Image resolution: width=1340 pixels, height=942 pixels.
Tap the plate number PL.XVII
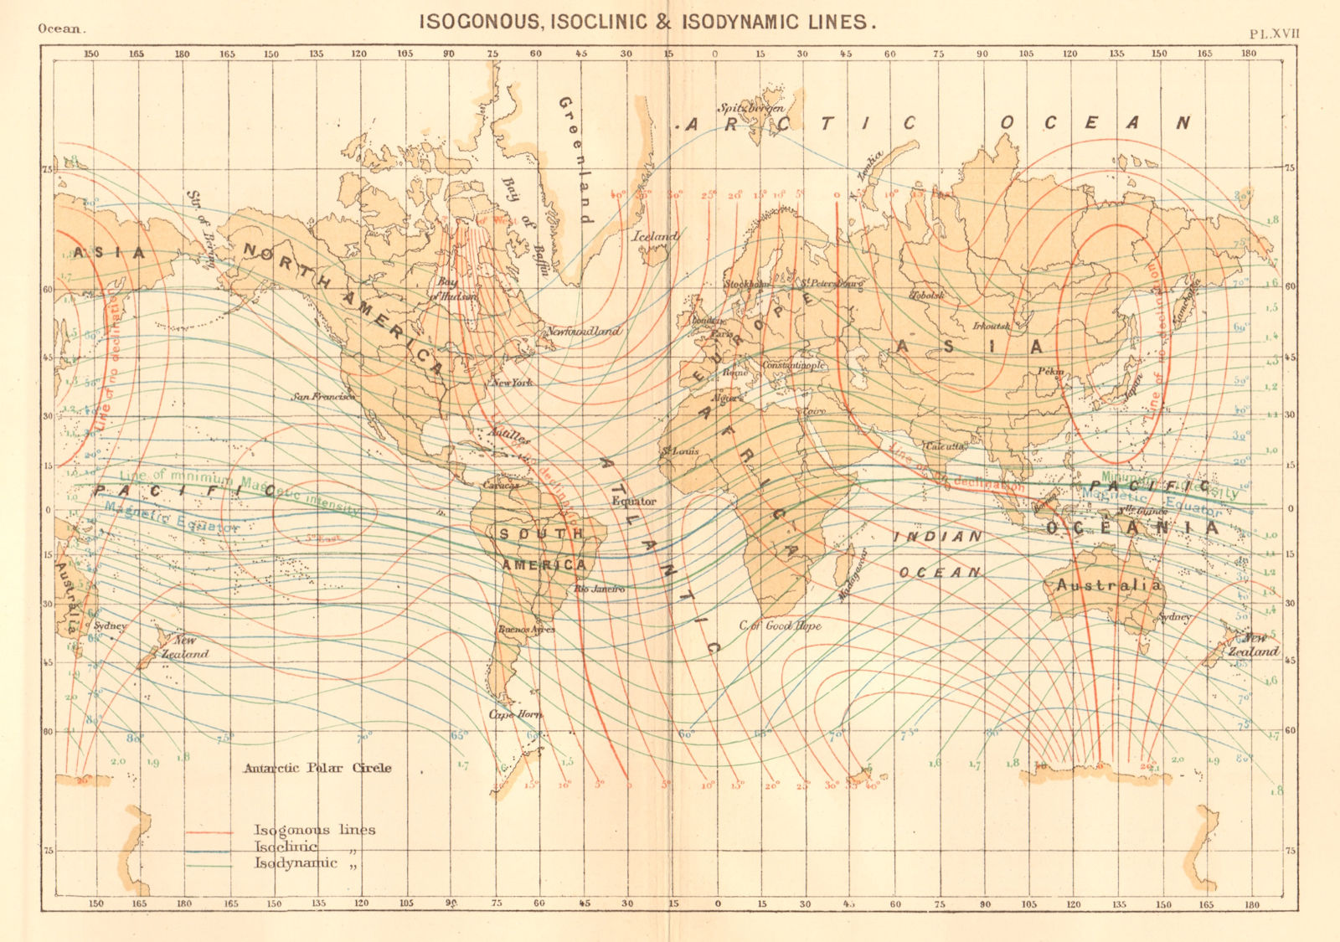[1274, 34]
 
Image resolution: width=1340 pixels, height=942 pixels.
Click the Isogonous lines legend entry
[314, 830]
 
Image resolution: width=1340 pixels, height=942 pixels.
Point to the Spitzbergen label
[751, 108]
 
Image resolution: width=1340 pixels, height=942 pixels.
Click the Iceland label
[654, 237]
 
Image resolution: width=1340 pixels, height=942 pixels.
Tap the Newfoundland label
[583, 332]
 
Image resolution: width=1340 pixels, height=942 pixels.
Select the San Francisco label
[323, 396]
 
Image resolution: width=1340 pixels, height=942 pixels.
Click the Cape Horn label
[515, 714]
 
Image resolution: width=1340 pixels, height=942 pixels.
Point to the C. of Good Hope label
[780, 625]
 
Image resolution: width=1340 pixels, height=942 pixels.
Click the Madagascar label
[853, 576]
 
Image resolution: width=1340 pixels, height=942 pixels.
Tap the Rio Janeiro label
[600, 589]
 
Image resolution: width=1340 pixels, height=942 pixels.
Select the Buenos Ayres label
[526, 629]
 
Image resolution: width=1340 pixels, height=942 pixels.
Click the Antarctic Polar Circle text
[317, 768]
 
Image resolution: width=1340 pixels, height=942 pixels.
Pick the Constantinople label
[794, 366]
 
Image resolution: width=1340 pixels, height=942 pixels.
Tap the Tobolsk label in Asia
[927, 296]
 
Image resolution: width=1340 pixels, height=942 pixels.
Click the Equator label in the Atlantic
[634, 501]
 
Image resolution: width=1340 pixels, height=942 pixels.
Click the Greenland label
[575, 159]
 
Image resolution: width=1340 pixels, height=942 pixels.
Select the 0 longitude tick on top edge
[714, 54]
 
